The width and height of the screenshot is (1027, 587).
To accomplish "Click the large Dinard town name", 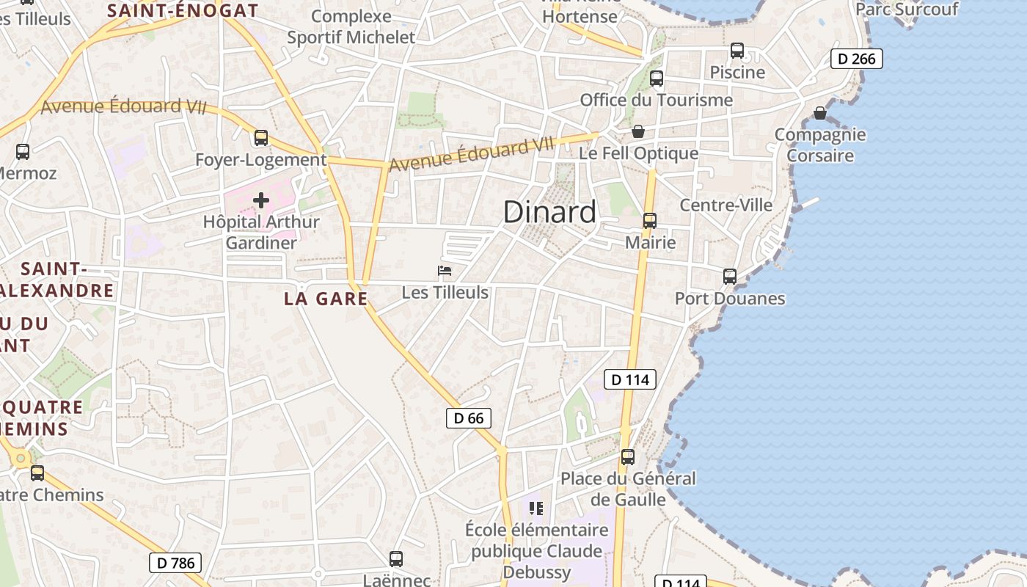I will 549,212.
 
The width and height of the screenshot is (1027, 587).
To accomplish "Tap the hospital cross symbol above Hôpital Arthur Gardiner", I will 261,200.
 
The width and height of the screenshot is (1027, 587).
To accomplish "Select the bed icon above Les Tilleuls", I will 445,271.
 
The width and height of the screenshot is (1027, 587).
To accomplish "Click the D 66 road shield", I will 468,418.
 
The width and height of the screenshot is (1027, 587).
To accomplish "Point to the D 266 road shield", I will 856,59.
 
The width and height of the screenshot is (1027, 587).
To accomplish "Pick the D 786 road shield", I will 175,563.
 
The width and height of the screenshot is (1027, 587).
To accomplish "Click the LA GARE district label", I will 326,299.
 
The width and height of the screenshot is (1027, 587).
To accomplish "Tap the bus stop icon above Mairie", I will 649,221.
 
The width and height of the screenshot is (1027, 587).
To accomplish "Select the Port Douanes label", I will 730,299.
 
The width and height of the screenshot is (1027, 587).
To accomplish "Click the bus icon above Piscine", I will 737,51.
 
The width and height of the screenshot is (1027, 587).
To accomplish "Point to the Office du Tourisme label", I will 657,100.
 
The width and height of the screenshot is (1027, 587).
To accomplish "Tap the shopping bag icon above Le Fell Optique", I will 638,132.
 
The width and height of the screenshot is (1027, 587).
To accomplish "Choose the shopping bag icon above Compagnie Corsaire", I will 820,113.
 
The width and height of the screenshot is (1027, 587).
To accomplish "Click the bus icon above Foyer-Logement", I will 261,138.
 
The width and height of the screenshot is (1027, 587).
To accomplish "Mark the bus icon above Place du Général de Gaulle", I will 628,457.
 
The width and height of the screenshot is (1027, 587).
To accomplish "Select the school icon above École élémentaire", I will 536,508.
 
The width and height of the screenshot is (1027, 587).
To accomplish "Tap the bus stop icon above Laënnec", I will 396,559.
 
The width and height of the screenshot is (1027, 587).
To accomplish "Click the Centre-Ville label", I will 726,205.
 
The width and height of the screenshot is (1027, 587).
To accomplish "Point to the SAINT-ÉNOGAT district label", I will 183,10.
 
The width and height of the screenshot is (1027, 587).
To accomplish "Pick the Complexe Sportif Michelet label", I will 351,27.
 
